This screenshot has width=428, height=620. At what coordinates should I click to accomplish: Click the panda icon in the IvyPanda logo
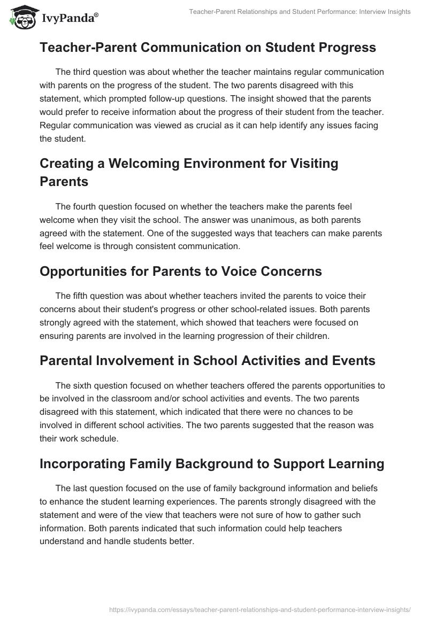click(x=22, y=18)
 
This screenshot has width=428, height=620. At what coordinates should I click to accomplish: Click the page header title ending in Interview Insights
click(x=300, y=12)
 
